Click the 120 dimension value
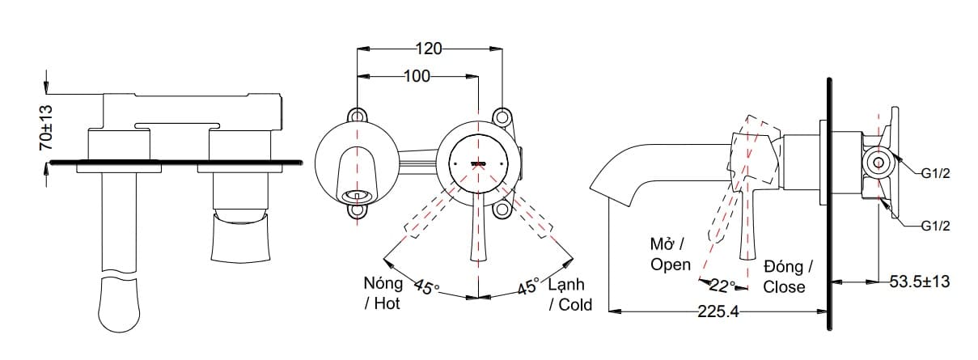pyautogui.click(x=429, y=49)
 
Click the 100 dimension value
pyautogui.click(x=417, y=76)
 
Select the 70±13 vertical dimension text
pyautogui.click(x=46, y=128)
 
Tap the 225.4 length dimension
pyautogui.click(x=718, y=311)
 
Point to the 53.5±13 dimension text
pyautogui.click(x=919, y=282)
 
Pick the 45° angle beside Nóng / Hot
pyautogui.click(x=426, y=287)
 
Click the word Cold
pyautogui.click(x=574, y=305)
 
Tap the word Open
pyautogui.click(x=671, y=264)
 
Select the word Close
pyautogui.click(x=784, y=286)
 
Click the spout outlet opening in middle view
pyautogui.click(x=356, y=195)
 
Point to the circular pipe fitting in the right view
pyautogui.click(x=877, y=163)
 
